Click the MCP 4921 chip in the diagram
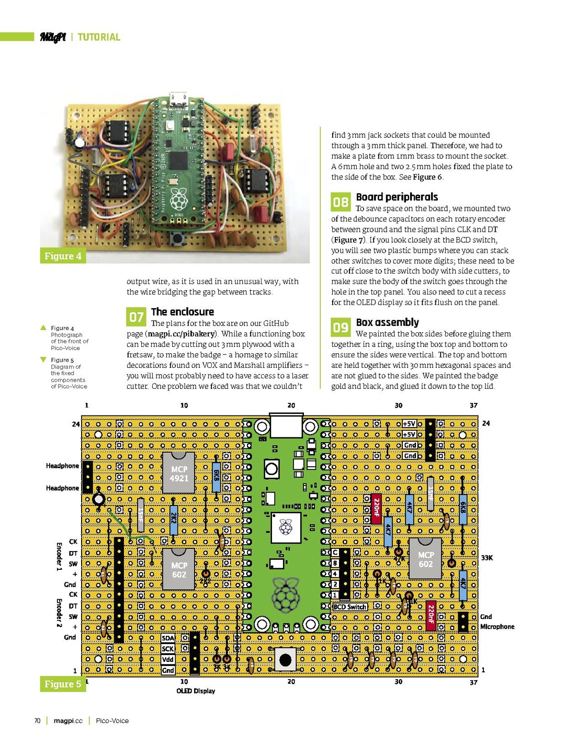click(179, 473)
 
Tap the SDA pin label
click(168, 638)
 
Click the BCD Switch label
click(350, 607)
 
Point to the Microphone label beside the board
click(497, 627)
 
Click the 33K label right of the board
click(487, 558)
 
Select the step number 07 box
click(136, 317)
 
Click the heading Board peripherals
click(397, 197)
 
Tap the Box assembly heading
click(387, 322)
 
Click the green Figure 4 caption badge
click(63, 256)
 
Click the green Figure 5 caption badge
click(63, 684)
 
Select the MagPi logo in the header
click(52, 37)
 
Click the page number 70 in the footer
click(37, 721)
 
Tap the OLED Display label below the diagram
click(196, 691)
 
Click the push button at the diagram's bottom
click(285, 659)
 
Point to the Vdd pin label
click(168, 659)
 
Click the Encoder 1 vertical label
click(59, 556)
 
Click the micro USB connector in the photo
click(178, 98)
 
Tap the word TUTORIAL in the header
click(99, 37)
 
